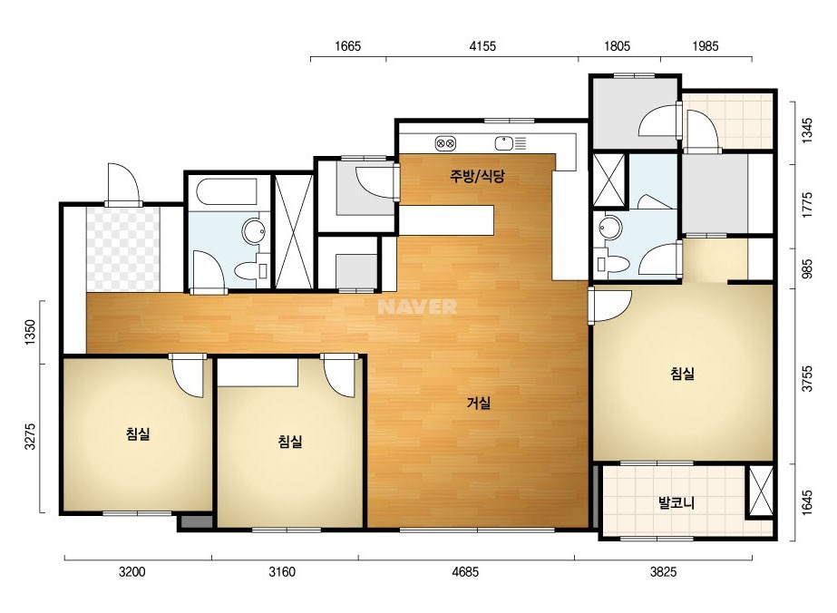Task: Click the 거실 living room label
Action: tap(478, 404)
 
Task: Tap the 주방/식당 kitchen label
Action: tap(477, 176)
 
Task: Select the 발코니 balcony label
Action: tap(676, 502)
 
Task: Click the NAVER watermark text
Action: tap(417, 306)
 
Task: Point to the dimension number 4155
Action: tap(482, 46)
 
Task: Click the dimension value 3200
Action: tap(131, 572)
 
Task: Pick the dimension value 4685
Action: tap(465, 572)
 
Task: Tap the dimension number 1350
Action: tap(30, 332)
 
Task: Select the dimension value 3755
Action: tap(807, 378)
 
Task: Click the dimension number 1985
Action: tap(706, 46)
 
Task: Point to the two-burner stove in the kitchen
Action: tap(445, 143)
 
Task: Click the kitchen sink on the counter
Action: tap(511, 143)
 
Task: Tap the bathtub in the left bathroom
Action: tap(227, 191)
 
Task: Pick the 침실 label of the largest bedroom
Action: tap(682, 374)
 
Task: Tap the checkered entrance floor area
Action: tap(123, 248)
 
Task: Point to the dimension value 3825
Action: tap(664, 572)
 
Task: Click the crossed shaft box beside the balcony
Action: tap(760, 491)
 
